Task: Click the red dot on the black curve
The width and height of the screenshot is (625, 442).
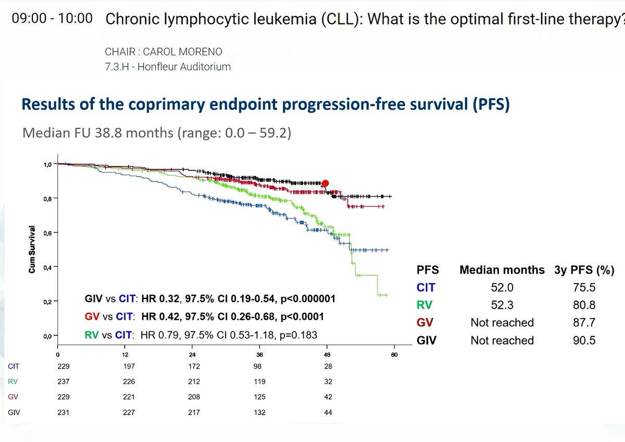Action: tap(326, 183)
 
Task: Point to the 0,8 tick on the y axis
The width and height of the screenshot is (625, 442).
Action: tap(56, 198)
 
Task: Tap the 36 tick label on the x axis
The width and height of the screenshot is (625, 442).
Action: tap(260, 354)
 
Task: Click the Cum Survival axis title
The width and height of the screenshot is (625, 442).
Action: tap(32, 249)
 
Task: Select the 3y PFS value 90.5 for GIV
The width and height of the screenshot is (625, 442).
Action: tap(584, 340)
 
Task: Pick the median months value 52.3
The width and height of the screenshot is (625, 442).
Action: tap(502, 305)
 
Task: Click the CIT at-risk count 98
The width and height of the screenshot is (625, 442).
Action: tap(257, 366)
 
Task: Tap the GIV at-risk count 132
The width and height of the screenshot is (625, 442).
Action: tap(259, 412)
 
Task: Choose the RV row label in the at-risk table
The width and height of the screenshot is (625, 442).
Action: tap(13, 382)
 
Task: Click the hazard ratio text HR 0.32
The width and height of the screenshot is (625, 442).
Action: tap(160, 299)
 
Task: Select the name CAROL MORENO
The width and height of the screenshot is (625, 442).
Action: tap(182, 52)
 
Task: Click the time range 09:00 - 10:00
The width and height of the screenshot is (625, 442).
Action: tap(52, 18)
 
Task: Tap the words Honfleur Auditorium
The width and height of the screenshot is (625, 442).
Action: tap(184, 67)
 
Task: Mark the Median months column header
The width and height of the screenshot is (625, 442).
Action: tap(502, 269)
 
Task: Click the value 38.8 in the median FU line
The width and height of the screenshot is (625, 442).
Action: tap(108, 132)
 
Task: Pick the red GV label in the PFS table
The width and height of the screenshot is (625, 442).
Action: tap(424, 323)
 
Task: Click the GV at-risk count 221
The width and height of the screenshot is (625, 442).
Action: tap(129, 397)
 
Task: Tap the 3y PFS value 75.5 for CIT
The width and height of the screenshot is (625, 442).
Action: tap(584, 287)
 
